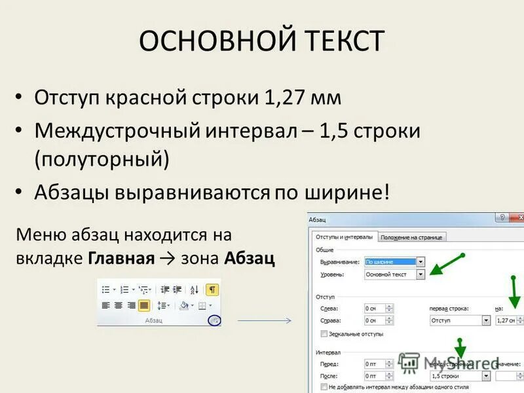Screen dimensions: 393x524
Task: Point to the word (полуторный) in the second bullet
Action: tap(102, 159)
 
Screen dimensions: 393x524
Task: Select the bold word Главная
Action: tap(120, 257)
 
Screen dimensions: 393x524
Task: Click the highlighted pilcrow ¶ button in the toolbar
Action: tap(212, 290)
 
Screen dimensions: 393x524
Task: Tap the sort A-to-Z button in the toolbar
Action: tap(195, 290)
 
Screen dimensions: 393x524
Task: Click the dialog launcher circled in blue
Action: tap(214, 320)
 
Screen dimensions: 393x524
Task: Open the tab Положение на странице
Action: tap(411, 237)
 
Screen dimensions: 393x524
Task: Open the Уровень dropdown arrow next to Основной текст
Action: tap(421, 274)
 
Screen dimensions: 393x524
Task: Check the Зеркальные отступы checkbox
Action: tap(324, 333)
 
